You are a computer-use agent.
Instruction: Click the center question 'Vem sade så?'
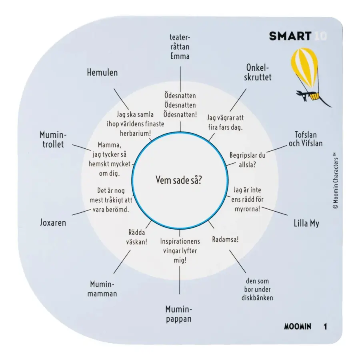coord(179,180)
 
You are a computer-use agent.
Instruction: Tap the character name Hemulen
coord(102,72)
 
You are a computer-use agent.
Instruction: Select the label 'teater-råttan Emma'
coord(180,47)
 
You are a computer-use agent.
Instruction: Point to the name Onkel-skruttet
coord(258,72)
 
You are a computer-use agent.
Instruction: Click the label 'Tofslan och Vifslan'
coord(306,139)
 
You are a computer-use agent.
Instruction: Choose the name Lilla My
coord(306,223)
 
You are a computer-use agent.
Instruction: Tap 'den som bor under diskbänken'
coord(257,290)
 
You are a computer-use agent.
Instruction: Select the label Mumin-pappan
coord(179,314)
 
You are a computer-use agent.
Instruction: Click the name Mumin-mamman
coord(102,289)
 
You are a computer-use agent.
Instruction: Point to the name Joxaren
coord(53,223)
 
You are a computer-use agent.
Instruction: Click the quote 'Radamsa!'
coord(225,240)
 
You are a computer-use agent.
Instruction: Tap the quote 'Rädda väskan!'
coord(137,237)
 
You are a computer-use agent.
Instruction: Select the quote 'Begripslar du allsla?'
coord(247,160)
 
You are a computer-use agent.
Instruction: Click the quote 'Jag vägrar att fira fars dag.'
coord(225,122)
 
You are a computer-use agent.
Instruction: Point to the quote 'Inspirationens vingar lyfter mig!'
coord(180,251)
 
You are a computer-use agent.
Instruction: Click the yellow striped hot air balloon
coord(304,68)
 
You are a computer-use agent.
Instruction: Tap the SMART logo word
coord(290,36)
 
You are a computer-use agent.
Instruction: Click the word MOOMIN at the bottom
coord(298,326)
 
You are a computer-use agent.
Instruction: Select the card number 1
coord(325,326)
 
